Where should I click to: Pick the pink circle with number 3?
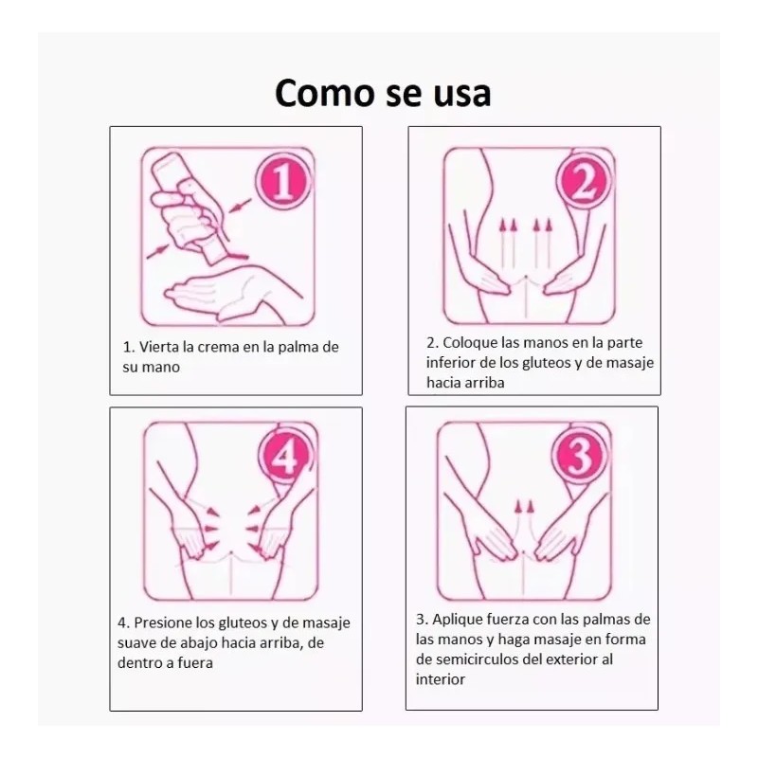click(x=579, y=457)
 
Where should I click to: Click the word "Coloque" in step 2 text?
click(x=470, y=343)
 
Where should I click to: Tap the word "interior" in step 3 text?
click(x=441, y=679)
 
